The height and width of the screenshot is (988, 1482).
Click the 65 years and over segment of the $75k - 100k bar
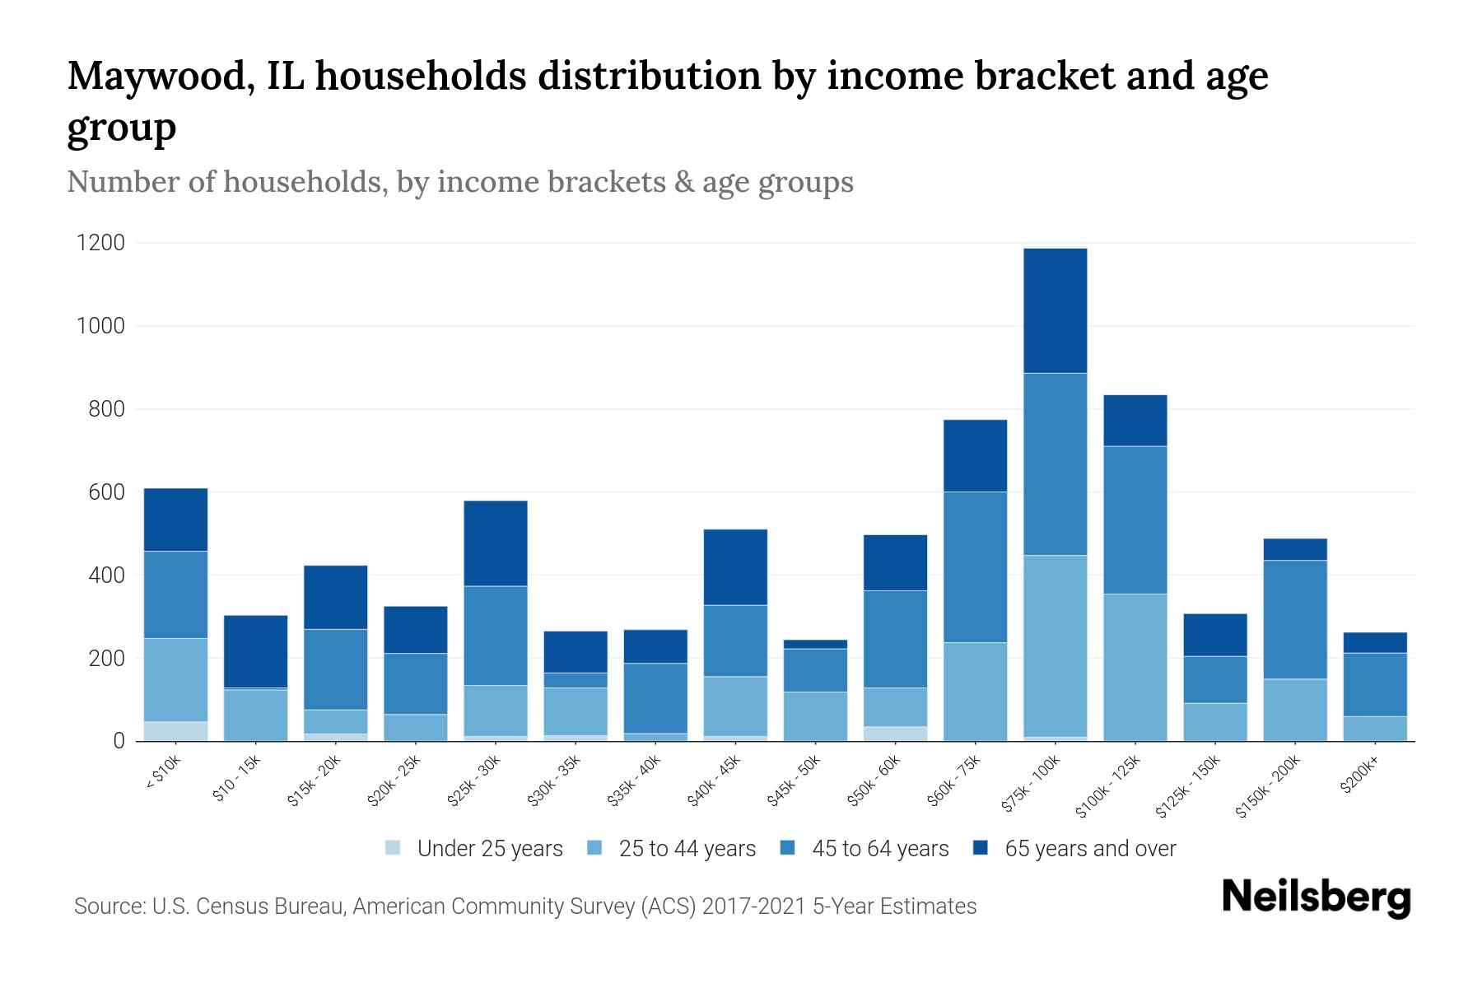tap(1055, 310)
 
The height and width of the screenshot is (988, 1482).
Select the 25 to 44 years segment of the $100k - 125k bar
tap(1135, 667)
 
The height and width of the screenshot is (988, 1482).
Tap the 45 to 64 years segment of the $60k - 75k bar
tap(975, 566)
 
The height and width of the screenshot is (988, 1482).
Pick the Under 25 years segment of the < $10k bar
tap(175, 731)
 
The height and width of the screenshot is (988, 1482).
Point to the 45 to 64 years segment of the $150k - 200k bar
tap(1295, 619)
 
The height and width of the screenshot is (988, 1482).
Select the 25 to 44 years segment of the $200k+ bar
tap(1375, 729)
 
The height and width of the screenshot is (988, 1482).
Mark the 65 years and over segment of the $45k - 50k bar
tap(815, 644)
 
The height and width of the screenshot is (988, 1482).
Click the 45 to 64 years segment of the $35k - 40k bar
tap(655, 697)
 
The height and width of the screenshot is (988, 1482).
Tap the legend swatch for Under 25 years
tap(394, 848)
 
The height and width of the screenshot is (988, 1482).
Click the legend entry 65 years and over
tap(1090, 848)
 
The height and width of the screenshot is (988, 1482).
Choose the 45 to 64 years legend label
tap(880, 848)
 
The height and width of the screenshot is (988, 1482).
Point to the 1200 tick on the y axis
tap(100, 243)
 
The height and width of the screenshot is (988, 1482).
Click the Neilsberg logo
tap(1316, 897)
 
